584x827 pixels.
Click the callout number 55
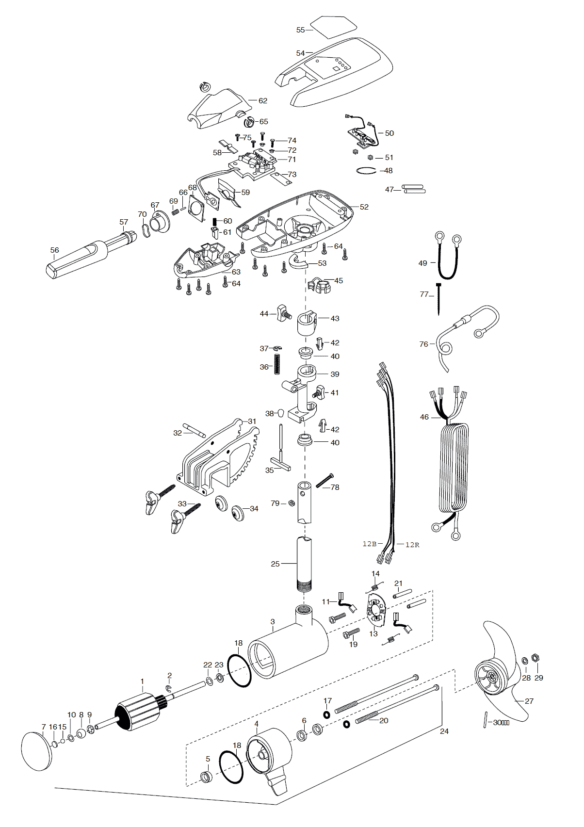pos(301,30)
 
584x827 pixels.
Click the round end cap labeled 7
pos(37,752)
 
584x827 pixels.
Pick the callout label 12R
pos(412,545)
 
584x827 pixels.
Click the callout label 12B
pos(370,544)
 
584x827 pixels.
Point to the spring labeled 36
pos(277,364)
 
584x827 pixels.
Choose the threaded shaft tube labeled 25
pos(304,565)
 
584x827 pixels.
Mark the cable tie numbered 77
pos(439,299)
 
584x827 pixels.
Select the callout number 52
pos(364,207)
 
